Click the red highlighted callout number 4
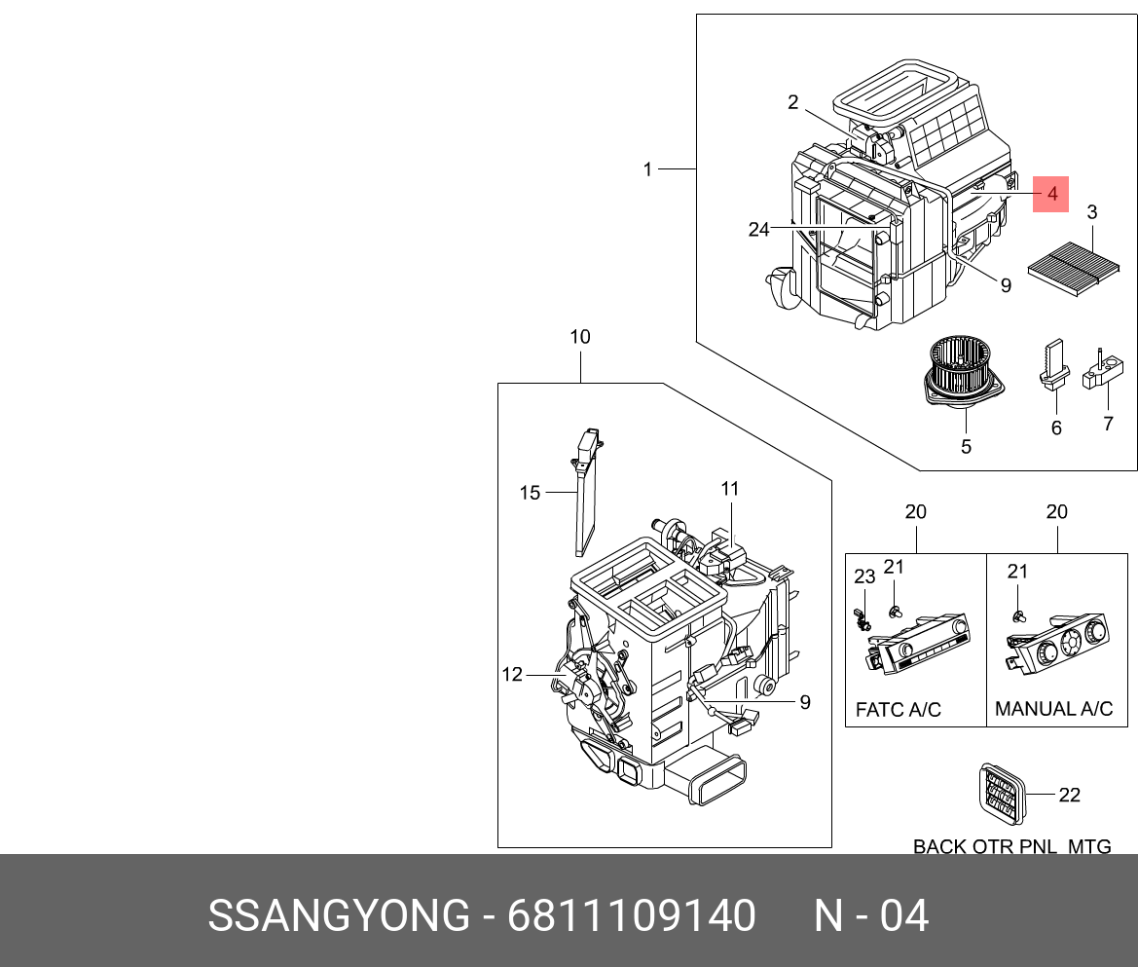1051,195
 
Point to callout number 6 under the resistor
1056,428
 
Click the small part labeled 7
1104,372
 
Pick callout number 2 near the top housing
793,102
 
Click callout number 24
758,230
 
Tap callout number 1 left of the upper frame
647,169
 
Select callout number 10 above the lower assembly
580,337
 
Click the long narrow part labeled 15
588,492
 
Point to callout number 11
730,488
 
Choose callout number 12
512,674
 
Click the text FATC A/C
898,710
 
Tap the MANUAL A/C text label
1053,710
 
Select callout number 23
865,576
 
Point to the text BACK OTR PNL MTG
1011,846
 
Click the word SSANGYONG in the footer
339,916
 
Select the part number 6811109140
632,916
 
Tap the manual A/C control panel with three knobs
1060,642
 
